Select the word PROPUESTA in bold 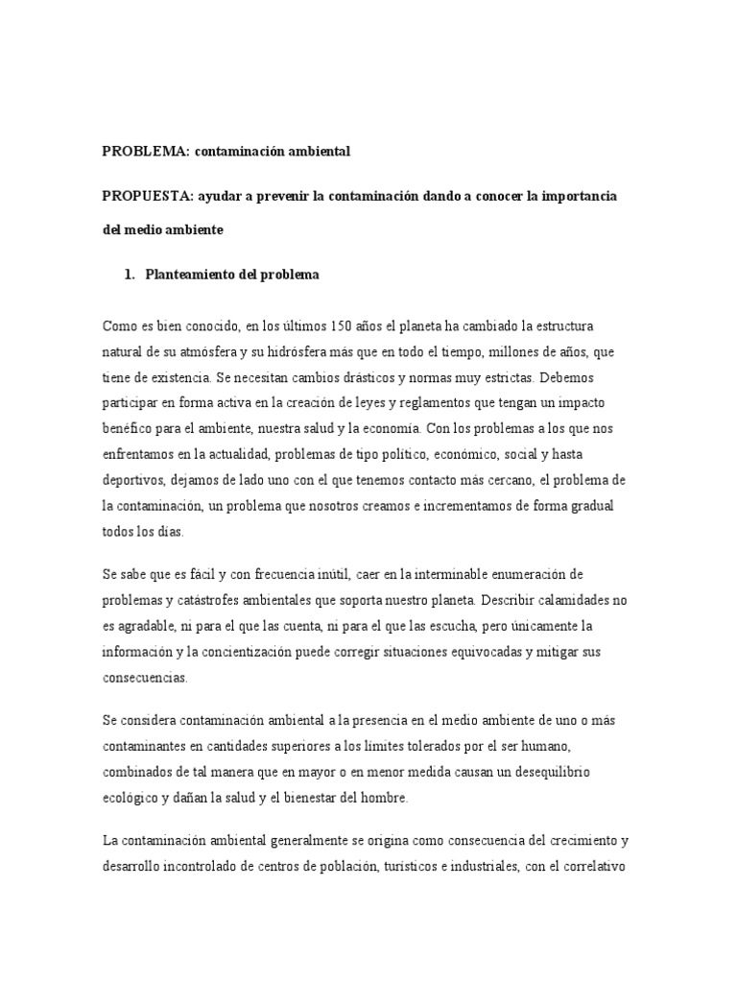(x=144, y=196)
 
